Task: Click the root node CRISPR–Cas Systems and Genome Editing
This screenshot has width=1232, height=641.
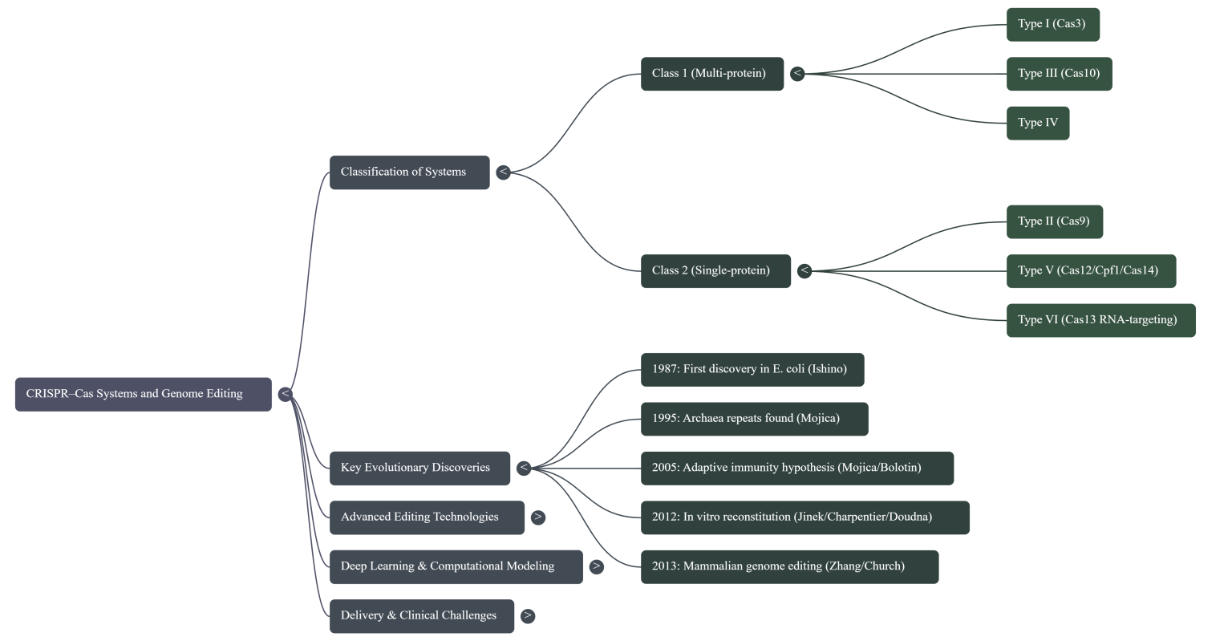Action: click(143, 394)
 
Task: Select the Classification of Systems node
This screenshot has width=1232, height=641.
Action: click(409, 172)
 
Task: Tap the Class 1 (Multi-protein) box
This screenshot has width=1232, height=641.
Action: click(711, 74)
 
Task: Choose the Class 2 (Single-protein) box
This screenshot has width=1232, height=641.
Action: click(715, 270)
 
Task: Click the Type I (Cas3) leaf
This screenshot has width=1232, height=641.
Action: click(1052, 24)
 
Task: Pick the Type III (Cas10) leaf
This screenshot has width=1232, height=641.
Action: click(1059, 74)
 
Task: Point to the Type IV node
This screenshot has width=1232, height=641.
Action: click(1037, 123)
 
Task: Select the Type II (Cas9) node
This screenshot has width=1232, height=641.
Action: click(1054, 221)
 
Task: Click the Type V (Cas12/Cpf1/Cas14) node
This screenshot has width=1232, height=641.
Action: click(1091, 270)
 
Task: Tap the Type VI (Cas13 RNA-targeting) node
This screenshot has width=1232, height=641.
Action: click(1100, 320)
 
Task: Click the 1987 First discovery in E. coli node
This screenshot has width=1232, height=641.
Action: click(752, 369)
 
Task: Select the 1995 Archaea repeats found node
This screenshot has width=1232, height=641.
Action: click(754, 419)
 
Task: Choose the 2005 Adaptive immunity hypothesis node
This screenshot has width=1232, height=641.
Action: click(796, 468)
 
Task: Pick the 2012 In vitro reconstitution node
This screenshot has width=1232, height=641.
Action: click(804, 517)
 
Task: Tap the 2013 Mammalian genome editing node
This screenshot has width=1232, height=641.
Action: click(789, 566)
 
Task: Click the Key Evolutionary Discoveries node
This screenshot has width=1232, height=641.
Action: click(419, 468)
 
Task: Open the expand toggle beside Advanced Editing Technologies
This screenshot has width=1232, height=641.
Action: click(538, 517)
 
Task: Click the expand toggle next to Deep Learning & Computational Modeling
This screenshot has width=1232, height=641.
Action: click(596, 566)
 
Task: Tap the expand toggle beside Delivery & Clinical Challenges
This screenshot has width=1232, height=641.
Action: click(527, 616)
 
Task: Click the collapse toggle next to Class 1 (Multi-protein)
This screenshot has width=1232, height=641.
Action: click(797, 74)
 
